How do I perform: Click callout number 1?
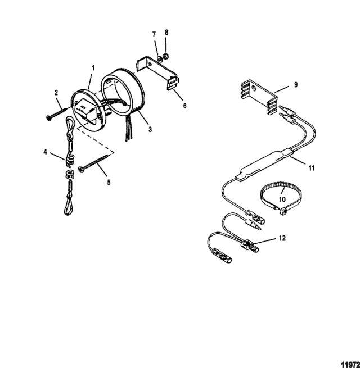(93, 68)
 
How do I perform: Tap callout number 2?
(56, 93)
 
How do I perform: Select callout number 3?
(150, 129)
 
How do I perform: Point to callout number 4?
(45, 152)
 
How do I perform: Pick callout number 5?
(109, 183)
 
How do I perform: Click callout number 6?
(184, 106)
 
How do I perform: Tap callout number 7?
(154, 34)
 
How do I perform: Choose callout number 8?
(166, 33)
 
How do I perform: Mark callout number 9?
(296, 85)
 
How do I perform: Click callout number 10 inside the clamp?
(282, 199)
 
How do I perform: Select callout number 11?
(312, 168)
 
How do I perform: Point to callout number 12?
(282, 238)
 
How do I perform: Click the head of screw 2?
(48, 118)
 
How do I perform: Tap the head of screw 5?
(81, 170)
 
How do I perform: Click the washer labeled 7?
(160, 59)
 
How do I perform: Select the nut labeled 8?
(166, 56)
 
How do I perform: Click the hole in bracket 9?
(254, 88)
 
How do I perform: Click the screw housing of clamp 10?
(283, 212)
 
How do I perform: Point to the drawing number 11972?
(350, 365)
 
